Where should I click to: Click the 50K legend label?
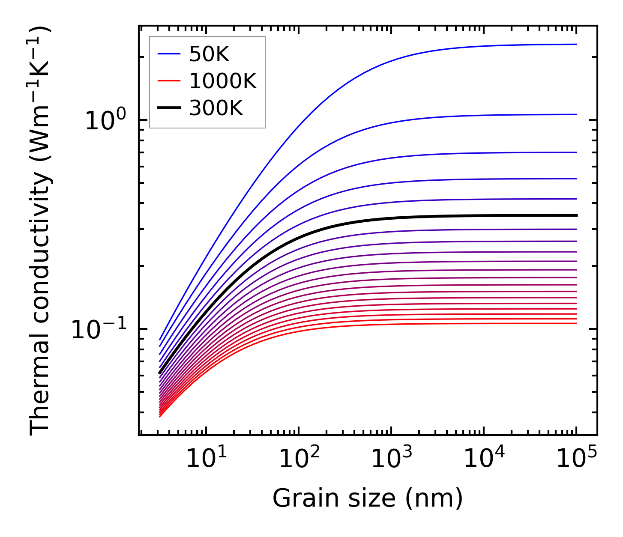[x=210, y=54]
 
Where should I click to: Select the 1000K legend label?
[x=223, y=81]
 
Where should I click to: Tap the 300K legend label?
[x=216, y=108]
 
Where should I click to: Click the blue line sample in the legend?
[x=170, y=54]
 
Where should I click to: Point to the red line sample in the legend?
[x=170, y=81]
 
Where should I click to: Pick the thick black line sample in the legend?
[x=170, y=108]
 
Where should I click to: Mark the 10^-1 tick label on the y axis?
[x=99, y=330]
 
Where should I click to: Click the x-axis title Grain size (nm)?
[x=368, y=499]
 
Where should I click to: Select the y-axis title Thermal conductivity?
[x=41, y=231]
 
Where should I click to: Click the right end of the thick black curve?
[x=576, y=215]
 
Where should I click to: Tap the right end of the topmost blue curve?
[x=576, y=44]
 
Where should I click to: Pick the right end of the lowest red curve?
[x=576, y=323]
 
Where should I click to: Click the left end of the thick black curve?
[x=159, y=373]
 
